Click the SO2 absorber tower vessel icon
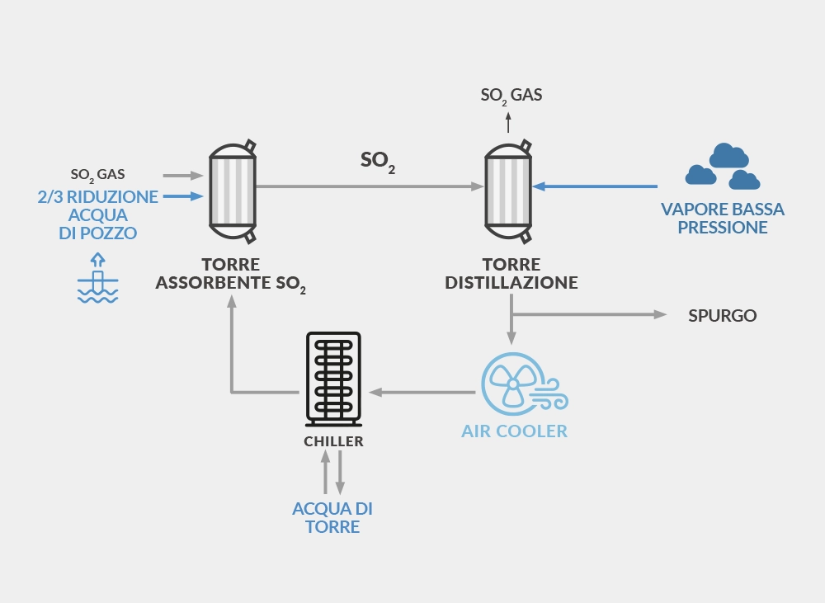(x=233, y=191)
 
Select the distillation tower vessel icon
(x=508, y=191)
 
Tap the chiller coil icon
(x=333, y=379)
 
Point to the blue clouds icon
(x=723, y=166)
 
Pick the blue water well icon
(x=98, y=278)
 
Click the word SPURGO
(x=723, y=315)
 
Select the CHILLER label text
(x=333, y=441)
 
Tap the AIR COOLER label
(x=515, y=431)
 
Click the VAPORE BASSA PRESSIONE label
(x=723, y=218)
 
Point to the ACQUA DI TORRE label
(x=332, y=517)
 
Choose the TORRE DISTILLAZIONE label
(x=511, y=273)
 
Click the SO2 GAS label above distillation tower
(x=511, y=95)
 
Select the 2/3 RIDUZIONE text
(x=98, y=197)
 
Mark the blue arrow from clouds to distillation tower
(x=595, y=186)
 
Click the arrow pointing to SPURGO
(x=589, y=314)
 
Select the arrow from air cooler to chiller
(x=422, y=392)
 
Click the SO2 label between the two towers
(x=378, y=161)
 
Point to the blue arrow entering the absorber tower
(x=183, y=196)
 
